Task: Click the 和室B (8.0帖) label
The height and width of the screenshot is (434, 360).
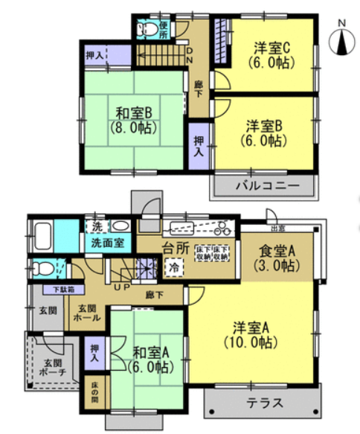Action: pyautogui.click(x=134, y=120)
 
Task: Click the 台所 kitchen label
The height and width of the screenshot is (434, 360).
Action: pyautogui.click(x=174, y=249)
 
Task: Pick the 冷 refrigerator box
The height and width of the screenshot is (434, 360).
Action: pyautogui.click(x=175, y=266)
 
